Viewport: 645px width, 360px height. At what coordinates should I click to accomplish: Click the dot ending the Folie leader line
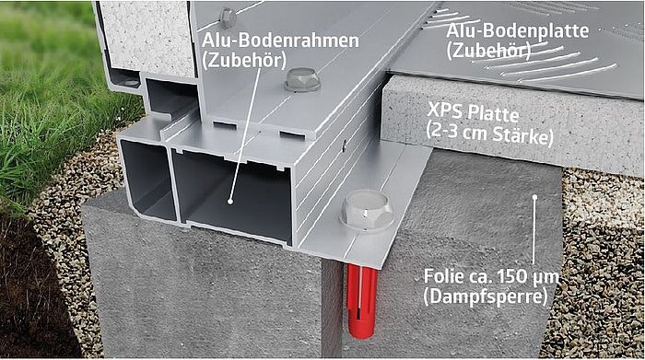pyautogui.click(x=534, y=197)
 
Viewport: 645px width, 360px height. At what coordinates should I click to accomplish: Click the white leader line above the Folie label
pyautogui.click(x=534, y=230)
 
